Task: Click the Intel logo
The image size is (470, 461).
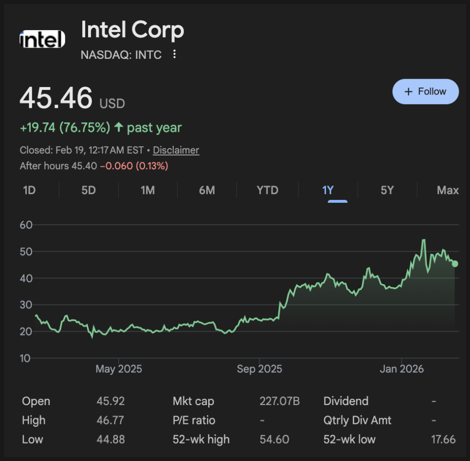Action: [42, 39]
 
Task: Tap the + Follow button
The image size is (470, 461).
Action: [425, 91]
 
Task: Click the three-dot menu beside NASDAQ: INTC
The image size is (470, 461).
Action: [175, 54]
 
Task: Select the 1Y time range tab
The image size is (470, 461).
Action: [328, 190]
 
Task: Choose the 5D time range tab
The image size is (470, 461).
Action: [89, 190]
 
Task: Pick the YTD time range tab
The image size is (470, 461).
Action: [268, 190]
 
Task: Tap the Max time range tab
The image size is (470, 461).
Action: [448, 190]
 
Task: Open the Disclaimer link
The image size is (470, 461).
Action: [176, 150]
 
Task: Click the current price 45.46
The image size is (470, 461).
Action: [56, 98]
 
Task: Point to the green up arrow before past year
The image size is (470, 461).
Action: [119, 128]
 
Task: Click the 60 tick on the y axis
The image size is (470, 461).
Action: [26, 225]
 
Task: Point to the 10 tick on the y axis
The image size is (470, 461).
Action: [26, 358]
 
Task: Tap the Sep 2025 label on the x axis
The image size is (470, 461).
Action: [259, 369]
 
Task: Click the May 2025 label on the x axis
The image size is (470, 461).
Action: [119, 369]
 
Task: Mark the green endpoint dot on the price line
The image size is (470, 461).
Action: [455, 264]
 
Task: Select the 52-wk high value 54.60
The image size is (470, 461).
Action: [274, 440]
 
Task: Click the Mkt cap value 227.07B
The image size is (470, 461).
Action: [280, 401]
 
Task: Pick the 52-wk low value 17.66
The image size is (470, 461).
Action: [443, 440]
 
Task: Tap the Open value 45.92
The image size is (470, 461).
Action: [110, 401]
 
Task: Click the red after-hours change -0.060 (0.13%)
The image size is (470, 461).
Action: [134, 166]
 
